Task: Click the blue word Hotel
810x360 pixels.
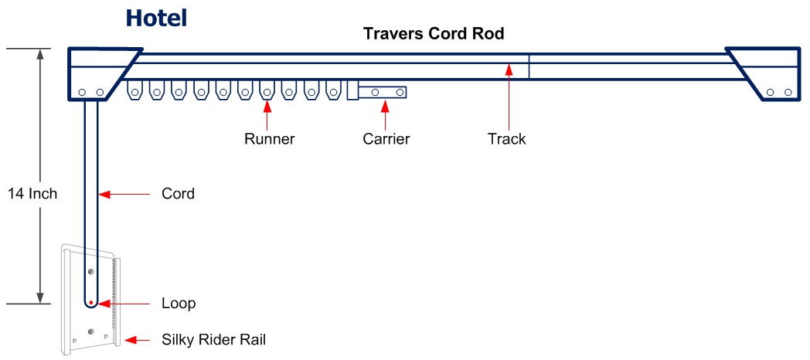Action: point(156,18)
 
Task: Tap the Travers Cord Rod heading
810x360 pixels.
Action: point(434,33)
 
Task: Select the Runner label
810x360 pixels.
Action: point(270,139)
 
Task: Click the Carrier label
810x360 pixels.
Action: point(386,139)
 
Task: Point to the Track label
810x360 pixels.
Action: point(507,139)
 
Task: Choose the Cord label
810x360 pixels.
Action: point(179,194)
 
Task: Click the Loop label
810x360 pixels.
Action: point(179,303)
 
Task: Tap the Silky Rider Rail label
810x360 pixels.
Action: point(214,340)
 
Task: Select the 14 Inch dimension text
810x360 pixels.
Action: point(32,194)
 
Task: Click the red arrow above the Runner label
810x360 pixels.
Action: point(267,115)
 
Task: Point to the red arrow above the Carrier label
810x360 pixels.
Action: point(385,115)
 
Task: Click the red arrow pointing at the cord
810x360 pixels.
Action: point(124,195)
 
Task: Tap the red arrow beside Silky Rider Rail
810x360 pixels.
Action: point(137,340)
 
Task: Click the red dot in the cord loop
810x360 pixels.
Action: point(91,302)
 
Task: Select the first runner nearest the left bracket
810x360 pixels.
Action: point(134,91)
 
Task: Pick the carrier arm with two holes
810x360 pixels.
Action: point(383,92)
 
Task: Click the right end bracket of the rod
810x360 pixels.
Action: point(765,74)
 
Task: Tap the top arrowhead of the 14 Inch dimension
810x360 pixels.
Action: point(39,53)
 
